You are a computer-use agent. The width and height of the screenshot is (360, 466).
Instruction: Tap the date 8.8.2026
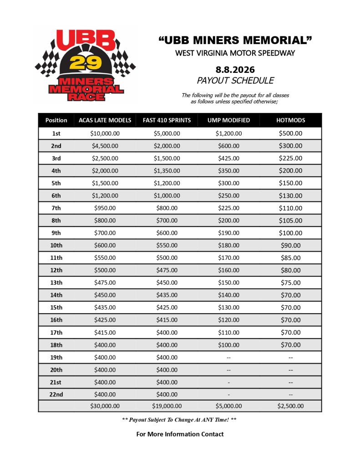[235, 70]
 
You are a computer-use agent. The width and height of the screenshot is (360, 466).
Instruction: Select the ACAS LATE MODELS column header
[105, 120]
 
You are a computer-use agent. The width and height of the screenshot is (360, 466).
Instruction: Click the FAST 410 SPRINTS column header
[167, 120]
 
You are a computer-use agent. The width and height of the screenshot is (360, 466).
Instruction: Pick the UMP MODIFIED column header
[228, 120]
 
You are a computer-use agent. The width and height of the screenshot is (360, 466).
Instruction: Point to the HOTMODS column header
[290, 120]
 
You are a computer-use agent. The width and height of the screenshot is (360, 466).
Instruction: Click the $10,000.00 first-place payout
[105, 133]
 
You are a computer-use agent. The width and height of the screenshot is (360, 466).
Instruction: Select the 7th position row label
[56, 208]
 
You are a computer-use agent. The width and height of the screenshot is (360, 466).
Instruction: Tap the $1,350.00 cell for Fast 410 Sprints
[167, 171]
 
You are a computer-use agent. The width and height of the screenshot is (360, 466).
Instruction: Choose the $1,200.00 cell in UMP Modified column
[228, 133]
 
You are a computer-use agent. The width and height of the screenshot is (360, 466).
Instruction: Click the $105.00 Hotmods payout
[290, 220]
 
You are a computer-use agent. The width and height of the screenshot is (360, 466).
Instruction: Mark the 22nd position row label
[56, 394]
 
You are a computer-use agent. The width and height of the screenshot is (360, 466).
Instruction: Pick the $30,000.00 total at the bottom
[105, 406]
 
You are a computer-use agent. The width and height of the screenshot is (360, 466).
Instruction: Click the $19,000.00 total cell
[167, 406]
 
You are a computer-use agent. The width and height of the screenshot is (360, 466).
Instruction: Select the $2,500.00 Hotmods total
[290, 406]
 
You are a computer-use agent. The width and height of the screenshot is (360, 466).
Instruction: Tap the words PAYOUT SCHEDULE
[235, 81]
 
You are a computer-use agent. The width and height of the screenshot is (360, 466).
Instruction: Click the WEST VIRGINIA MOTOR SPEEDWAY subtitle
[235, 53]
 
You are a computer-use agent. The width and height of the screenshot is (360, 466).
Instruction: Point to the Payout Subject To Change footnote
[179, 420]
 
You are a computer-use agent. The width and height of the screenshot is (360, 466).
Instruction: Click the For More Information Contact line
[180, 434]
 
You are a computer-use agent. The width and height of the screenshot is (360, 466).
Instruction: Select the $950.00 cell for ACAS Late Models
[105, 208]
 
